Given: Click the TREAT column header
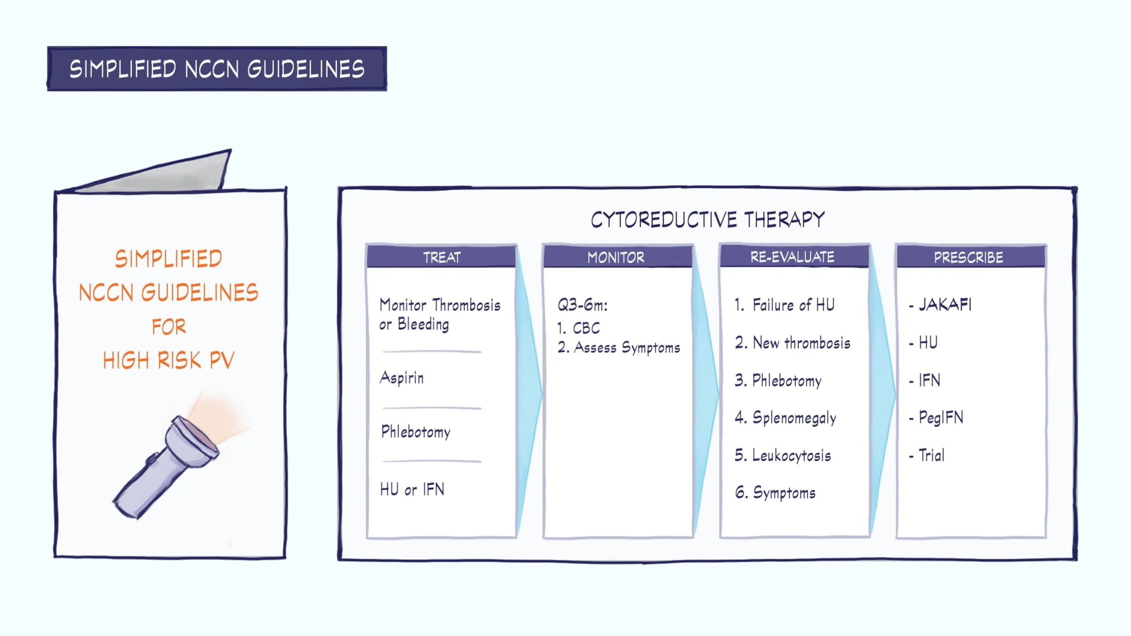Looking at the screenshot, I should (x=442, y=257).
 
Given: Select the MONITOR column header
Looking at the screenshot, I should (x=616, y=257).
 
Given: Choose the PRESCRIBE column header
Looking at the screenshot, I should (x=969, y=257).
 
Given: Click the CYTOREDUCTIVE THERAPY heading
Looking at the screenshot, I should (x=708, y=220).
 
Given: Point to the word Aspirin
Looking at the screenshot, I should (x=402, y=377).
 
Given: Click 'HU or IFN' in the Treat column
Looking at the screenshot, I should (x=412, y=489).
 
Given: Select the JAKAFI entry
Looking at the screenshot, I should (x=945, y=304).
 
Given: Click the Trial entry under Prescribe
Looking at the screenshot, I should (x=931, y=455).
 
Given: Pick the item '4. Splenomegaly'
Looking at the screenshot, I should (x=785, y=418).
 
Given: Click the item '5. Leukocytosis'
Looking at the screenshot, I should (x=783, y=455).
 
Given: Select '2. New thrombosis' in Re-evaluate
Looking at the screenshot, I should (x=793, y=343).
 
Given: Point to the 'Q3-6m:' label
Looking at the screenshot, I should (x=582, y=305).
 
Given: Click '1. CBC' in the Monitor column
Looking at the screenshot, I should (x=579, y=328).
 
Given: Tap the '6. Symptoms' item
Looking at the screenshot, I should (x=775, y=492).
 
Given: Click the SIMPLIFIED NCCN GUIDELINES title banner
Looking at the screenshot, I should (x=217, y=69).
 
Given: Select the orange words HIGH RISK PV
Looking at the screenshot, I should (x=168, y=360).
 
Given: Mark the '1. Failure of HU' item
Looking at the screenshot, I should (x=785, y=305).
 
